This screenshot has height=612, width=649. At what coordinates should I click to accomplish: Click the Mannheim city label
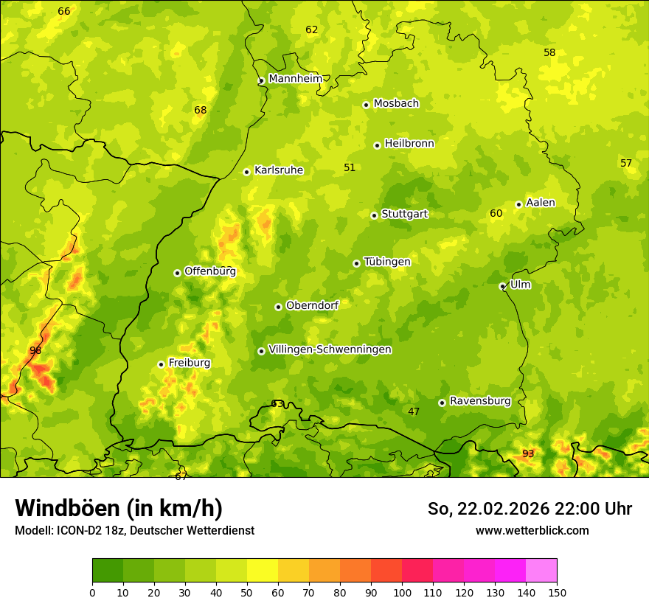[295, 79]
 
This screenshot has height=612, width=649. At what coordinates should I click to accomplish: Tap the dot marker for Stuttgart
[374, 215]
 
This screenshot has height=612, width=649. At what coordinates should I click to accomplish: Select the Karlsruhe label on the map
[278, 170]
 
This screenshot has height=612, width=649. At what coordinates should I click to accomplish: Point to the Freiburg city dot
[161, 364]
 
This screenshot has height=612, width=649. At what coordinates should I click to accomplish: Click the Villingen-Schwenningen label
[330, 350]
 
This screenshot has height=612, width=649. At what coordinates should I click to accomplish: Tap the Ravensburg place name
[479, 401]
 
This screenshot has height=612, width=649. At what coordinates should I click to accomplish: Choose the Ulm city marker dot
[502, 286]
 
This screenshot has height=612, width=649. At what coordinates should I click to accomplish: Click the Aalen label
[540, 203]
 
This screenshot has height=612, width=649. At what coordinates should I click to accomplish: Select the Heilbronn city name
[409, 144]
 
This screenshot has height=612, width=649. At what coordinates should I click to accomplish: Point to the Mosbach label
[395, 104]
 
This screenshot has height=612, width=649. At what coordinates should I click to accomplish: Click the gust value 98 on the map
[35, 350]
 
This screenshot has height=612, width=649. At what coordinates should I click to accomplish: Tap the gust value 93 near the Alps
[528, 453]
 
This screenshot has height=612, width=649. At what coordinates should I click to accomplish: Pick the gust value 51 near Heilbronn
[350, 167]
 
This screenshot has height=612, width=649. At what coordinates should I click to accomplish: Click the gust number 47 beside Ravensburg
[414, 411]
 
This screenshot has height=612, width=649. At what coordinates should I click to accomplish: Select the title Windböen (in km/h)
[118, 508]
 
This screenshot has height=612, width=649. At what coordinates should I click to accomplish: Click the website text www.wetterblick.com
[532, 530]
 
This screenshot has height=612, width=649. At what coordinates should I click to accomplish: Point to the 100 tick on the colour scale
[402, 592]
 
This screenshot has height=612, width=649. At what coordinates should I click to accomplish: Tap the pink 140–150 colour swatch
[541, 570]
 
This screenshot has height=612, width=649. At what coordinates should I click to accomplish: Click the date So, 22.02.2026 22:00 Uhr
[530, 509]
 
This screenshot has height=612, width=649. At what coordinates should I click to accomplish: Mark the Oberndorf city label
[312, 305]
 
